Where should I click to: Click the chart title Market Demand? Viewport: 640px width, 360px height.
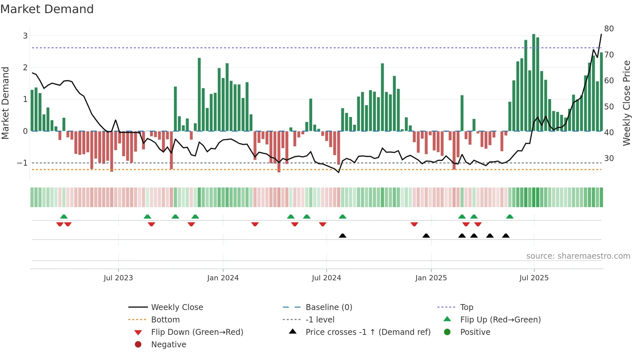47,9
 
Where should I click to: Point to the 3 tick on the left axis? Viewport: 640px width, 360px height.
25,36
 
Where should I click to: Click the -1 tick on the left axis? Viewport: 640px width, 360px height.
23,163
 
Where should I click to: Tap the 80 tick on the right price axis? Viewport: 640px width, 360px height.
609,29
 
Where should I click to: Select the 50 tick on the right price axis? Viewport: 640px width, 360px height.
609,106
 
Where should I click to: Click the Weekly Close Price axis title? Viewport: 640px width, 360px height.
626,103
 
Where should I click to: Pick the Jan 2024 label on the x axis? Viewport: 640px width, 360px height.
223,278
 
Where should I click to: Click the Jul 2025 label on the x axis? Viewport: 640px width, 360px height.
534,278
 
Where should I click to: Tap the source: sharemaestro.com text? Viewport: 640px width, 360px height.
578,256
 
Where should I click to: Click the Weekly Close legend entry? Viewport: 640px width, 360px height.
177,307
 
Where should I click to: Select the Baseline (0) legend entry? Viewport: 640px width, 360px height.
328,307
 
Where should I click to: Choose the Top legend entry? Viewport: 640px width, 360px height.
466,307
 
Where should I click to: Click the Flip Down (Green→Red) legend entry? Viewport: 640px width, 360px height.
197,332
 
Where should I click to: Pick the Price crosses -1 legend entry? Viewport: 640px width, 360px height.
368,332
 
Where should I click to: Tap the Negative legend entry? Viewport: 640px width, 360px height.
168,345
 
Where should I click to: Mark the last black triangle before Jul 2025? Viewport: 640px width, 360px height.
506,236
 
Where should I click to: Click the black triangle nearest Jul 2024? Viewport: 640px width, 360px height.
343,236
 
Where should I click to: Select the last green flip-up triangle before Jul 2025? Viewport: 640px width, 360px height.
510,217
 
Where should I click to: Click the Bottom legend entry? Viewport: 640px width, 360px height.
165,320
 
